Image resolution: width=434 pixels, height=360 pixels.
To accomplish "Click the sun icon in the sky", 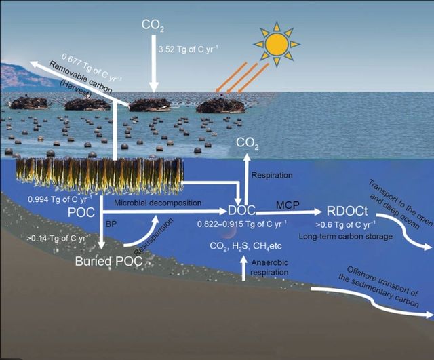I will (x=277, y=43).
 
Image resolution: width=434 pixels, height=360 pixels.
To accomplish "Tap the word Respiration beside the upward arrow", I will (x=272, y=175).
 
